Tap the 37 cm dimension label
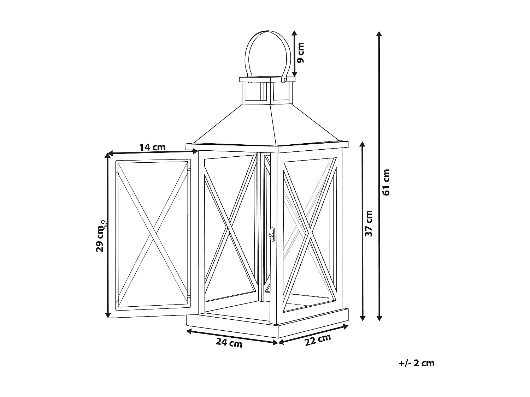[369, 223]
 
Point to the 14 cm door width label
[152, 147]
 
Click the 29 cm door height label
[100, 239]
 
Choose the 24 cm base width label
[229, 342]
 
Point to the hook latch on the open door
[104, 223]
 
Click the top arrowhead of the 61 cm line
[379, 34]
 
